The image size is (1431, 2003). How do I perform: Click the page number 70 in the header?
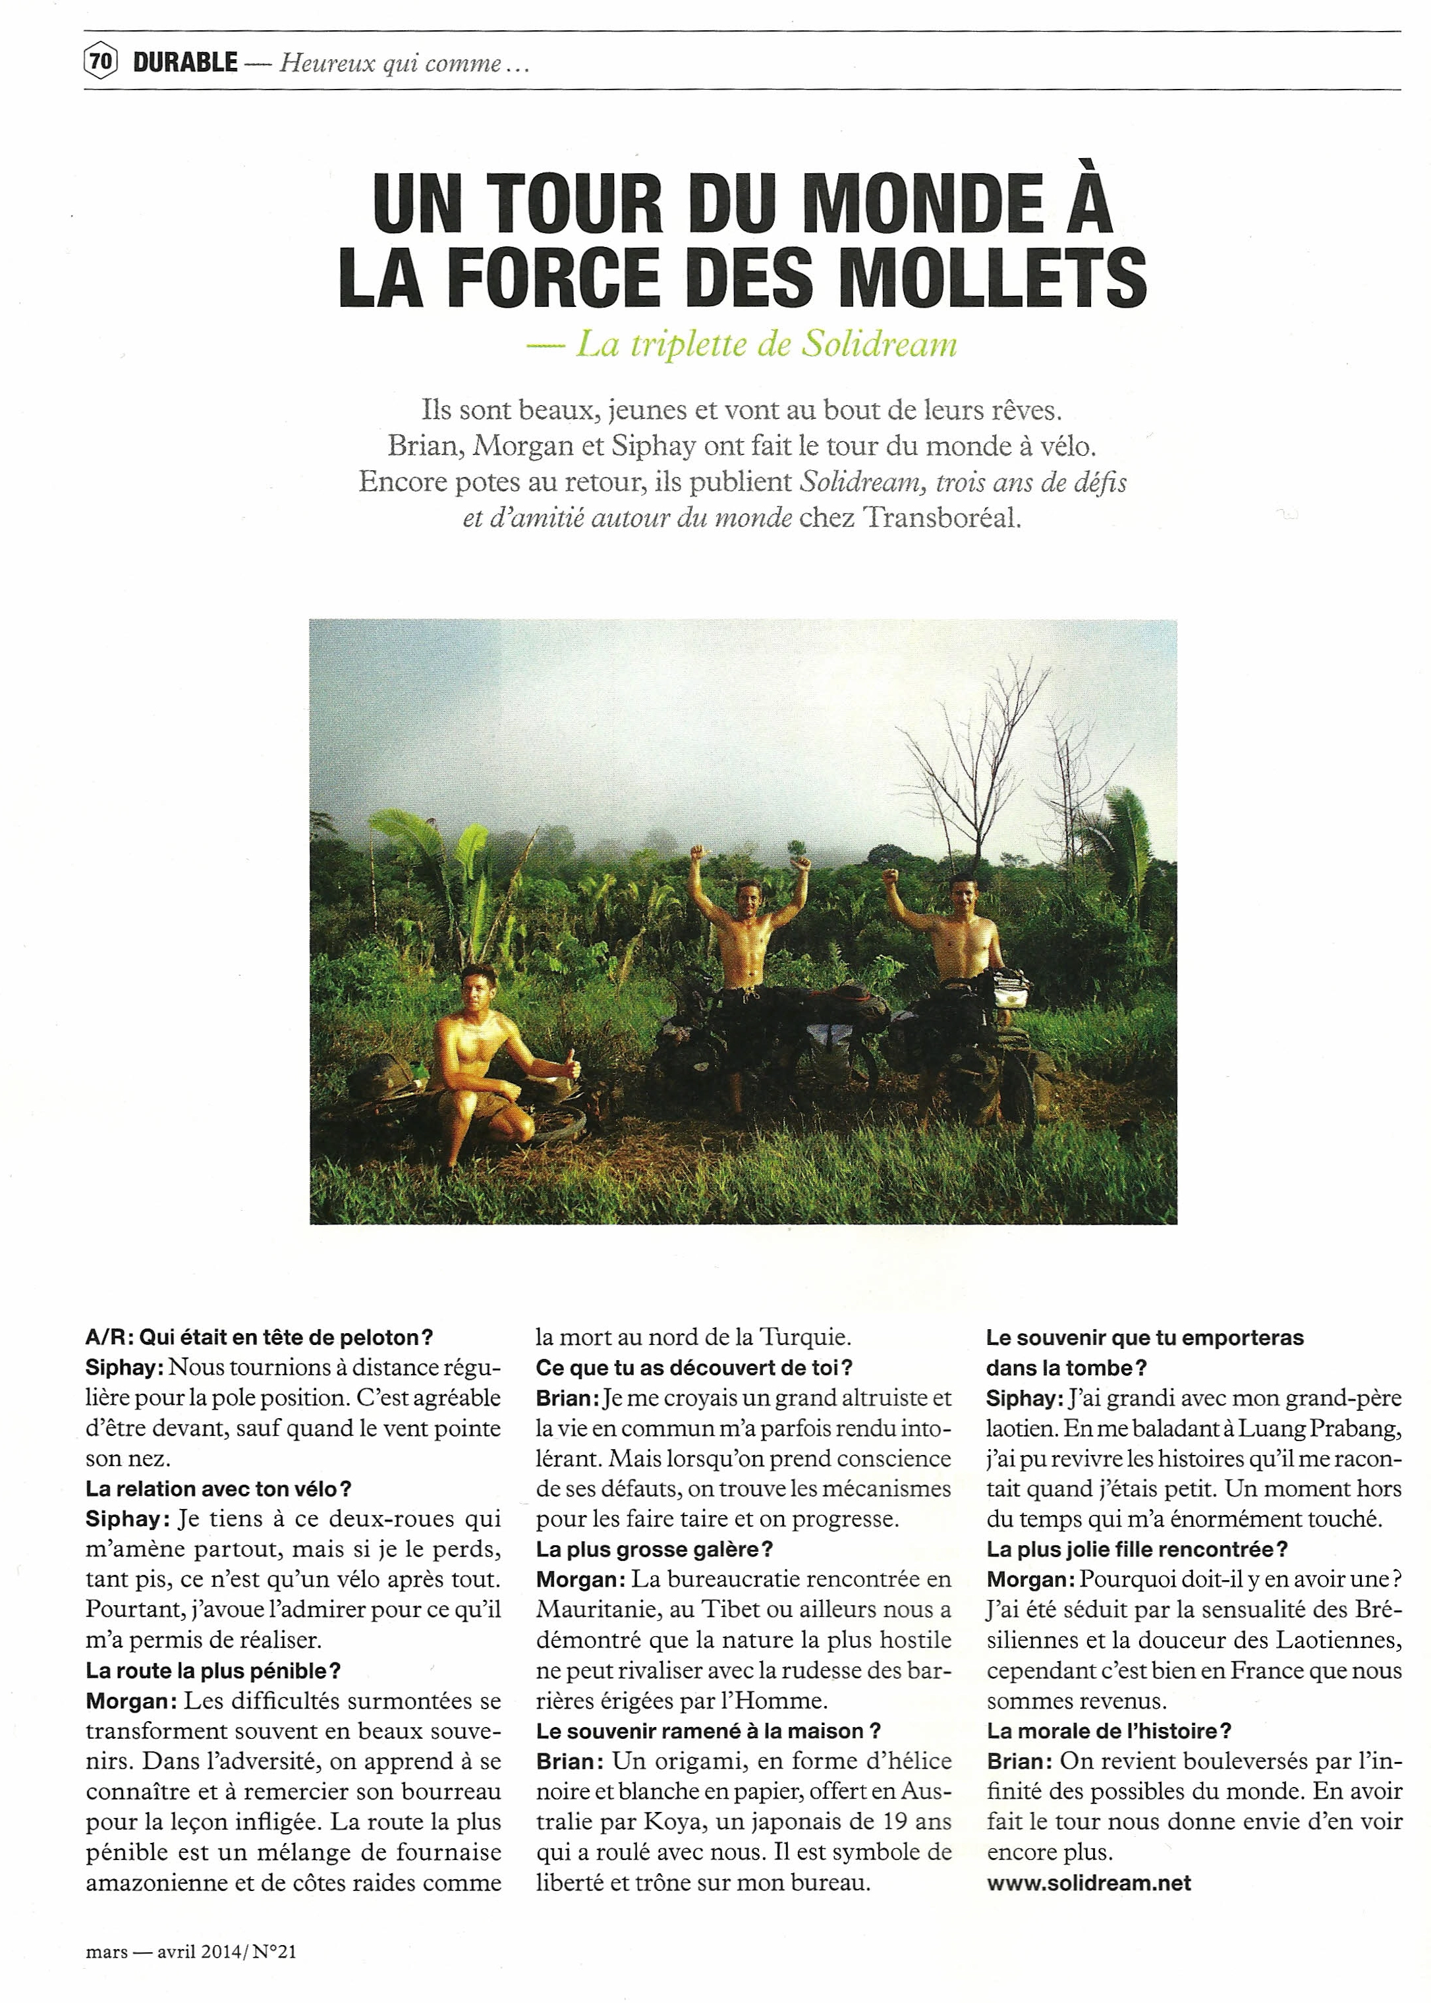100,62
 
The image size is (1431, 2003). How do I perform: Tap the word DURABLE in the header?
185,63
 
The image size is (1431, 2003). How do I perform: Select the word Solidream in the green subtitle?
878,344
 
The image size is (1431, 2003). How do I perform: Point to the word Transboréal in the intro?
941,517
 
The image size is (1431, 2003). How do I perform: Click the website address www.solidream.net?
1088,1882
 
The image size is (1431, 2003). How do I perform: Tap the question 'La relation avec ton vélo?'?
219,1489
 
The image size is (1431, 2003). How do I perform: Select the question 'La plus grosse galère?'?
654,1549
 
